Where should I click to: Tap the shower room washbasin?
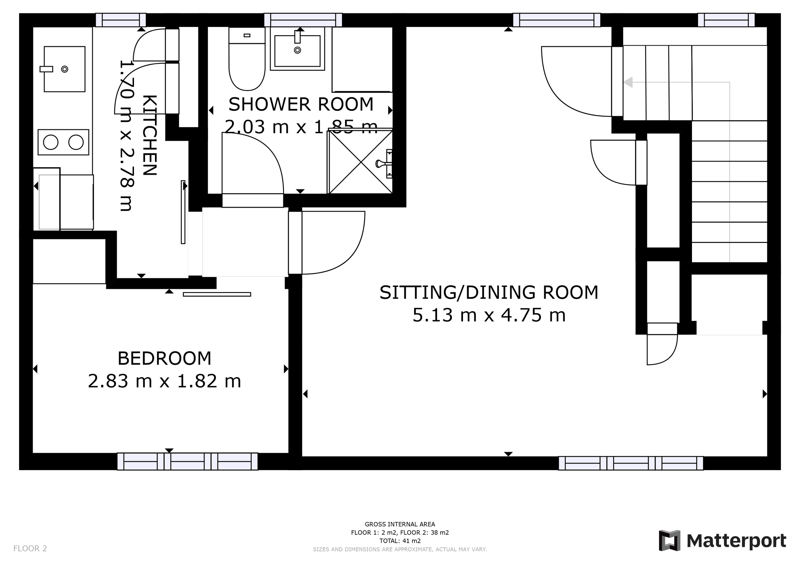297,51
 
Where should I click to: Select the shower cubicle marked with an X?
360,162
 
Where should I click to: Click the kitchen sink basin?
64,69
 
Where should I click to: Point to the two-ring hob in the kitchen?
63,142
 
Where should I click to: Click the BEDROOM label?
164,359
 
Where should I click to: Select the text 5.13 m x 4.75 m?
489,315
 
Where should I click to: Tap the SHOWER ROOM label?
301,105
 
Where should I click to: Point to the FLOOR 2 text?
30,549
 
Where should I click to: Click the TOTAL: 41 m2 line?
400,541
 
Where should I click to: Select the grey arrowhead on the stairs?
628,83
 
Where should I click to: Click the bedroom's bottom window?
187,461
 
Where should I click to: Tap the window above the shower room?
303,20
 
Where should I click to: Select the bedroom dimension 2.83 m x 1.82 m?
164,381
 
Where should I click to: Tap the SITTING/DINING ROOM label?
489,292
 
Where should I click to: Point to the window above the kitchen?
121,20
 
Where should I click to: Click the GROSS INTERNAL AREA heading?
400,524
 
